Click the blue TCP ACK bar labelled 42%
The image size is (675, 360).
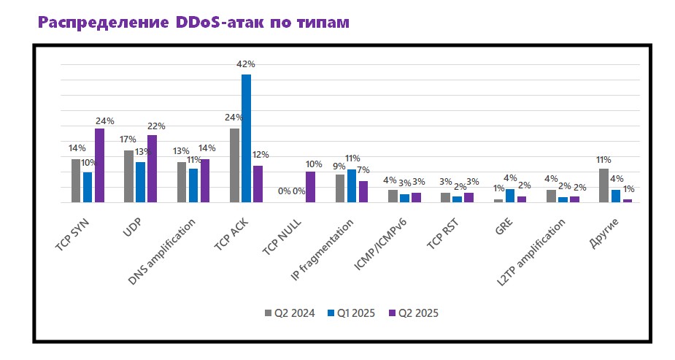pos(246,138)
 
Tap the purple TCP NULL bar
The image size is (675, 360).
pos(310,187)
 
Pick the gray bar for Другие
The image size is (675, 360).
pos(603,185)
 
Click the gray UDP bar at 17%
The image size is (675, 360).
pos(128,176)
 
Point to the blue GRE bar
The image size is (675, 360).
pos(510,196)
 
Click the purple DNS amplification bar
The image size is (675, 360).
pos(205,180)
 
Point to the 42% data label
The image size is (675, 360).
pos(246,64)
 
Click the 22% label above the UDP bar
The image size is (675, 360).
pos(157,126)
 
